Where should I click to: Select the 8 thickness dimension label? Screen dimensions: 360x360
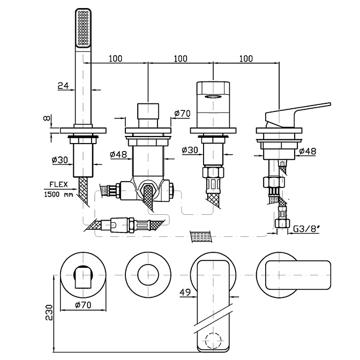[48, 117]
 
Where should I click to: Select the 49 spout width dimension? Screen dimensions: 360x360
[185, 292]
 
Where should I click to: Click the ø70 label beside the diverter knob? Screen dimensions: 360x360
[183, 113]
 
